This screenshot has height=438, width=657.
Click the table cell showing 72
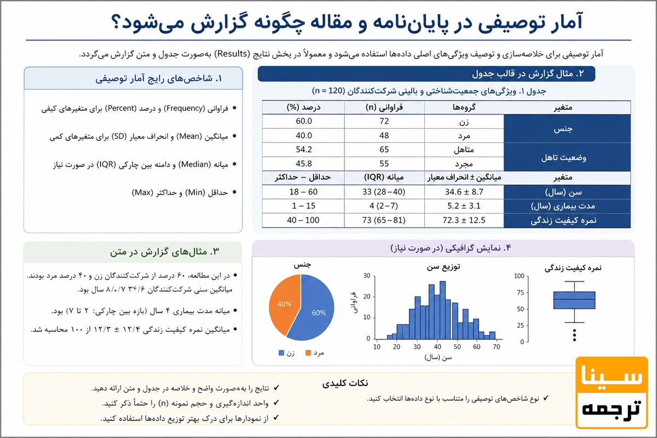384,121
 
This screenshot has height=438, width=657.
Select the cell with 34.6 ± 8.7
464,192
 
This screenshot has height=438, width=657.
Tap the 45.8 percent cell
303,164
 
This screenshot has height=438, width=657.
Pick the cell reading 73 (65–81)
384,220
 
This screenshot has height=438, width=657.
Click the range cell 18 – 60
303,192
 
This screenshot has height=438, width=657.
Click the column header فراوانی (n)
384,107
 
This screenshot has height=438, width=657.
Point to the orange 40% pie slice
284,304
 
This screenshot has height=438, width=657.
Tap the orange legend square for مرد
308,353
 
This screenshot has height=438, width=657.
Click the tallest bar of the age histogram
442,310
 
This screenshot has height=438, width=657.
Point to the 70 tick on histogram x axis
496,347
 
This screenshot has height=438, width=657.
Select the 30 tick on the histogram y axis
367,276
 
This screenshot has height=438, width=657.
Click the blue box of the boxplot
574,300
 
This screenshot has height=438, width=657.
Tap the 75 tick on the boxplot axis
520,292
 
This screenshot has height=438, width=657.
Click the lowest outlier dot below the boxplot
574,339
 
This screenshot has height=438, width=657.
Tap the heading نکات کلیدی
345,383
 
